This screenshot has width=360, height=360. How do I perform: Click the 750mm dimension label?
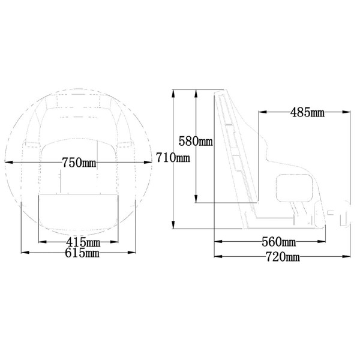(x=79, y=163)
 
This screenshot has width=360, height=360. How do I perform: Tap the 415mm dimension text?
(x=83, y=242)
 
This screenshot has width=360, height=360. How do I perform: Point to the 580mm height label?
(x=196, y=142)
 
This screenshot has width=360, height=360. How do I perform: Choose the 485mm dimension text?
(x=307, y=112)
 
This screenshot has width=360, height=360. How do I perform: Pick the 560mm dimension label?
(x=278, y=242)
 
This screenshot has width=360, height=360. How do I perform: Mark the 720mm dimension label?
(x=282, y=257)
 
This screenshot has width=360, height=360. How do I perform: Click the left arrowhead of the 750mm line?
(x=7, y=163)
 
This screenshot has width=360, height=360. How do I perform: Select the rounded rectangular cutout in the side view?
(x=295, y=189)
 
